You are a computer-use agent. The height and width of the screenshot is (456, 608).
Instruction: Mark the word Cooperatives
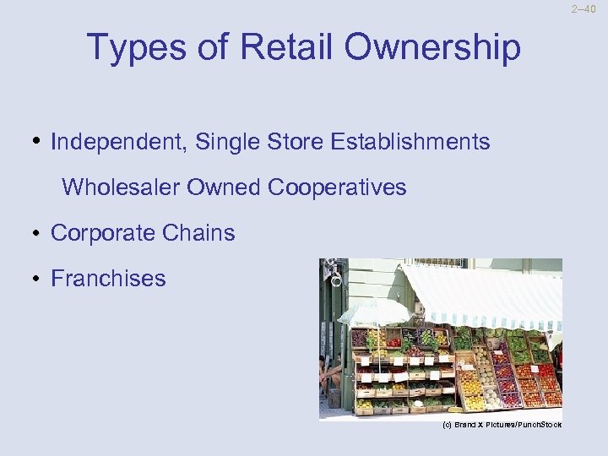pyautogui.click(x=337, y=187)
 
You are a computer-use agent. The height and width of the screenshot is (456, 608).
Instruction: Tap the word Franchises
pyautogui.click(x=108, y=279)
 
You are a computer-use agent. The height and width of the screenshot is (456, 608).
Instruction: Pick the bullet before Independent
pyautogui.click(x=40, y=141)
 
